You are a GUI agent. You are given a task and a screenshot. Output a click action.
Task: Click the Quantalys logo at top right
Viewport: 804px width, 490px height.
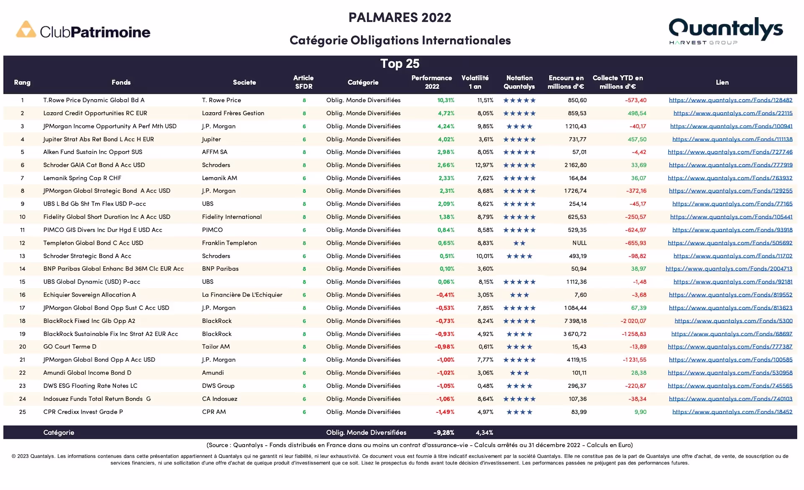click(725, 30)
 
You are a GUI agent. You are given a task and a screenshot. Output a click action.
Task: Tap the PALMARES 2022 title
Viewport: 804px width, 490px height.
click(399, 18)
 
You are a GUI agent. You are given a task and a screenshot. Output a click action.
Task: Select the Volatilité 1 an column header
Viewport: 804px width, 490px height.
click(475, 82)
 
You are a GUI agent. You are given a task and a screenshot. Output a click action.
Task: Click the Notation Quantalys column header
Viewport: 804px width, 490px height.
click(519, 82)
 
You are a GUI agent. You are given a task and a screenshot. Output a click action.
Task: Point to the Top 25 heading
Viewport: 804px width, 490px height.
click(399, 64)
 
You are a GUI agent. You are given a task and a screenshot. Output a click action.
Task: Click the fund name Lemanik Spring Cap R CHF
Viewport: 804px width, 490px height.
click(82, 178)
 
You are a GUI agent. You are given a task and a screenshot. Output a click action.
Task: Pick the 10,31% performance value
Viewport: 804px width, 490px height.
click(446, 100)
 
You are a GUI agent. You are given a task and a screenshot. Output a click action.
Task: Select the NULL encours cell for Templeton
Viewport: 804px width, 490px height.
click(579, 243)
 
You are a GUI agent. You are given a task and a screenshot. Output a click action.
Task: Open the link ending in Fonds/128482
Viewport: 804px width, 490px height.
click(730, 100)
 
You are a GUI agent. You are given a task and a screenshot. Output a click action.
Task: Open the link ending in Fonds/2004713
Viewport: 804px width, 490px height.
click(729, 269)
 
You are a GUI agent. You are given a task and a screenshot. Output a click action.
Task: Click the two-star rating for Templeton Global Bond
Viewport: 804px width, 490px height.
click(519, 243)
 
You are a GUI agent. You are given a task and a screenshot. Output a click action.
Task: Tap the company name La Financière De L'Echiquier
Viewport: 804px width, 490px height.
click(242, 295)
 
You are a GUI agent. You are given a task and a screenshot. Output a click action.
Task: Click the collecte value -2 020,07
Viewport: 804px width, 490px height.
click(633, 321)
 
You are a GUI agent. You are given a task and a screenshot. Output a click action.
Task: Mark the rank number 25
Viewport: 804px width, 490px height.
click(22, 412)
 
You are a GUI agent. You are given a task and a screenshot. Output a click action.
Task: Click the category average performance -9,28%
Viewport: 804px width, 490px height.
click(443, 433)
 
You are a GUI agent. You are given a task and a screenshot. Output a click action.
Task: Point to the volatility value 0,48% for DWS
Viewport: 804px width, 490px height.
click(485, 386)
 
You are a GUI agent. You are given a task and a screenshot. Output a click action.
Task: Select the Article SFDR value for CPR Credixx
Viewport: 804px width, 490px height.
click(304, 412)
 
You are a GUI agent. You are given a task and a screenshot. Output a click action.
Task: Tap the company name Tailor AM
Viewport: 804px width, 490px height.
click(216, 347)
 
